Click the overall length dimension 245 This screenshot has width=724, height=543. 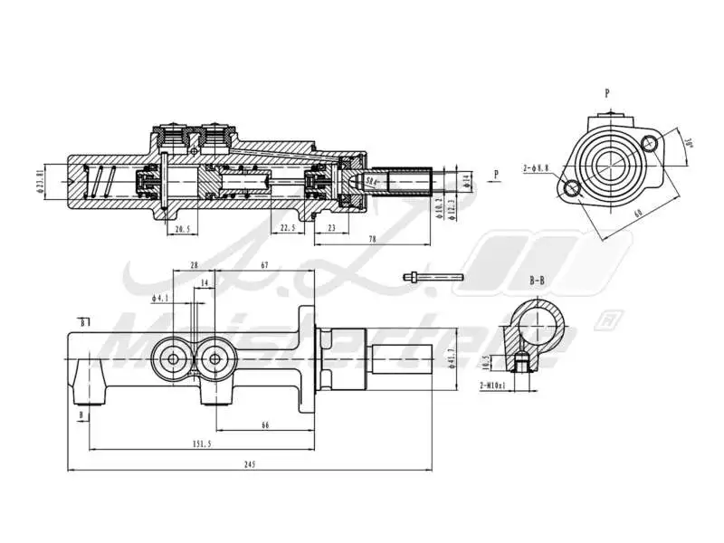(250, 464)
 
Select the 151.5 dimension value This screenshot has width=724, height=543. (202, 443)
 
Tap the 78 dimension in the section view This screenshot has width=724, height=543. (373, 239)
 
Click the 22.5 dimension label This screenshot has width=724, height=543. (288, 229)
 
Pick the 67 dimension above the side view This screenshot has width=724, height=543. (263, 265)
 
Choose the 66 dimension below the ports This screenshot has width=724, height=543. (265, 424)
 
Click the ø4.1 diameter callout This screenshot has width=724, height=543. (163, 298)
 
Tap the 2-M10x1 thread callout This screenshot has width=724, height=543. (493, 385)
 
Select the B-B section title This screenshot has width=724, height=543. (537, 281)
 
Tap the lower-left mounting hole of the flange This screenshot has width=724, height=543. (572, 189)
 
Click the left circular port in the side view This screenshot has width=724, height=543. (174, 359)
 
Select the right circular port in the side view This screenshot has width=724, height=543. (214, 359)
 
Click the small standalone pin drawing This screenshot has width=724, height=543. (433, 277)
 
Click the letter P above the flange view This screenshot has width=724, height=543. (606, 92)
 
